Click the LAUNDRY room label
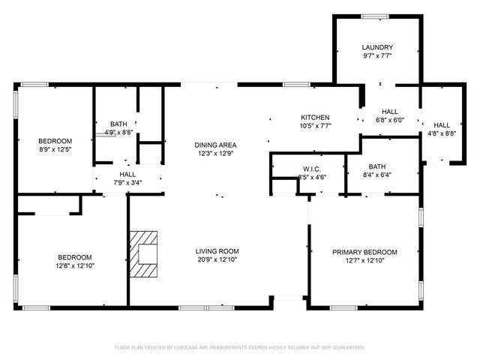[x=376, y=46]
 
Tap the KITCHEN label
[x=315, y=118]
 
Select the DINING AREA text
[x=216, y=145]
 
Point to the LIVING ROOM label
[x=217, y=251]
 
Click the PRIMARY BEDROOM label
[x=364, y=252]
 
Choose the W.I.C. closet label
[x=312, y=169]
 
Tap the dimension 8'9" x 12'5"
[x=55, y=149]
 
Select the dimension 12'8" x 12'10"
[x=75, y=265]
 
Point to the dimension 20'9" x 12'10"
[x=217, y=260]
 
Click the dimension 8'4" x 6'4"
[x=376, y=175]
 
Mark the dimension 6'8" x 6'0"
[x=389, y=120]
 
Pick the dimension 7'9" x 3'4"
[x=127, y=181]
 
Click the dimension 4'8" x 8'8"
[x=442, y=134]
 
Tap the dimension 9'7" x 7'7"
[x=376, y=55]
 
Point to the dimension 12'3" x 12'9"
[x=216, y=154]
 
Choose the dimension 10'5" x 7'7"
[x=315, y=127]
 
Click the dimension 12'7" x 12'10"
[x=364, y=261]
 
